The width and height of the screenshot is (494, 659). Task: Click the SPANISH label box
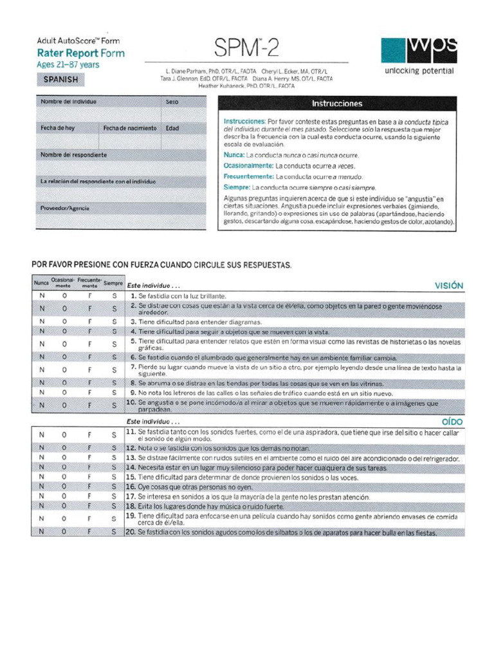61,79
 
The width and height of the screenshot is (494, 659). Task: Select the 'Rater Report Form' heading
80,53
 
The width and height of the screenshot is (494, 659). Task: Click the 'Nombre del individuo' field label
69,102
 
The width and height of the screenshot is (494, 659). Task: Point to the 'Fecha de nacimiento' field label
130,128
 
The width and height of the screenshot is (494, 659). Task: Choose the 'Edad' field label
172,128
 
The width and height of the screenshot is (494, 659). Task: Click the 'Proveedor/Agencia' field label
65,209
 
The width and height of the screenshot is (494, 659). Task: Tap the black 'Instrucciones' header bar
337,103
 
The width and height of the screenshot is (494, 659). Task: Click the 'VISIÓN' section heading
448,284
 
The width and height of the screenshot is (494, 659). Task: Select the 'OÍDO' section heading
452,422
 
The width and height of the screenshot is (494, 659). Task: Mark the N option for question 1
42,295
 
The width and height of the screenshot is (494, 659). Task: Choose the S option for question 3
114,320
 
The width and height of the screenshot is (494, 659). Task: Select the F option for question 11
90,434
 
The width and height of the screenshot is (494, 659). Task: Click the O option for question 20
64,532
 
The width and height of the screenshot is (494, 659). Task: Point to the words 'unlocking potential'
419,71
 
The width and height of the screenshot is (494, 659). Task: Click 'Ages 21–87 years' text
68,64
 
